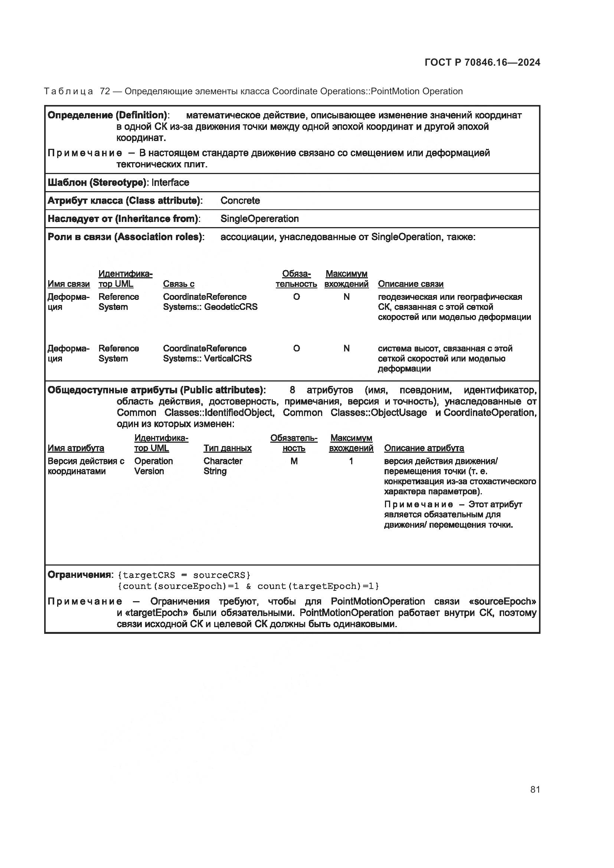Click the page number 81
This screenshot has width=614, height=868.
[x=535, y=789]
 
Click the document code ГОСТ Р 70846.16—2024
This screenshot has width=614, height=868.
[x=483, y=62]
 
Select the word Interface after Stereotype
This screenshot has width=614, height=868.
[x=170, y=183]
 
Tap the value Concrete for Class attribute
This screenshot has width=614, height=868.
[x=240, y=201]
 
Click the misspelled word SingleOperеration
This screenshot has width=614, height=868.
[x=259, y=219]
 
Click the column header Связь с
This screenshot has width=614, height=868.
[x=179, y=284]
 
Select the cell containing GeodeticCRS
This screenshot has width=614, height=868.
[x=210, y=302]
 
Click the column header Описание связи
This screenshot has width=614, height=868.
[x=411, y=284]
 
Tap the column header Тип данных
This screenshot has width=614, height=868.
[x=227, y=448]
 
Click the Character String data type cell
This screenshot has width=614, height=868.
[x=222, y=466]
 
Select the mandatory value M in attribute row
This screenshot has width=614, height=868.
[x=294, y=461]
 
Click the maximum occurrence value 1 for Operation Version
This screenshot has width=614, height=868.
[x=351, y=461]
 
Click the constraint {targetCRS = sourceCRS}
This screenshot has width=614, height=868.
[x=184, y=575]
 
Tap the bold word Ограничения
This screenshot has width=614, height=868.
[x=79, y=574]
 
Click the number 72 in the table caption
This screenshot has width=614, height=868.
[x=105, y=92]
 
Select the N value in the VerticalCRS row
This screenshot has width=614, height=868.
[x=346, y=348]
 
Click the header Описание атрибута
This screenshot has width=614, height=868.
[x=424, y=448]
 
